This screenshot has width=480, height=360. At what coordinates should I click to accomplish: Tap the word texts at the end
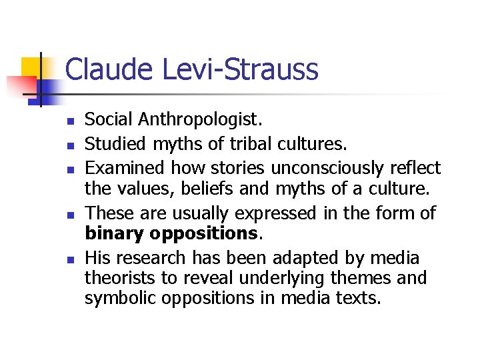point(363,297)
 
